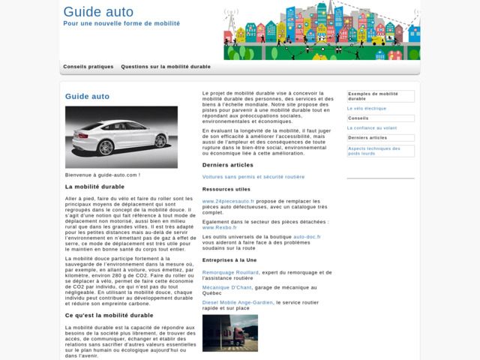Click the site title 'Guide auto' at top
98,11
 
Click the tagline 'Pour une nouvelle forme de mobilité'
121,24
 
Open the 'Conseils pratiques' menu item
88,67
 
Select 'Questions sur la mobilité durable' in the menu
166,67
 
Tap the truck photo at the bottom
230,333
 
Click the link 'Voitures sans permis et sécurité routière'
253,177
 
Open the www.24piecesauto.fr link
228,202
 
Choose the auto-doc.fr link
307,236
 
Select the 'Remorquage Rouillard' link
230,272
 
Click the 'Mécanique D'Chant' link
226,287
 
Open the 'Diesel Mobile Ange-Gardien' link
238,302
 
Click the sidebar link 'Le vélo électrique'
367,108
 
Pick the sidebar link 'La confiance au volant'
372,127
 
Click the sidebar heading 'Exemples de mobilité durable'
379,96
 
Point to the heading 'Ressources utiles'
226,189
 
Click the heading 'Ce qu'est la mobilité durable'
109,315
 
